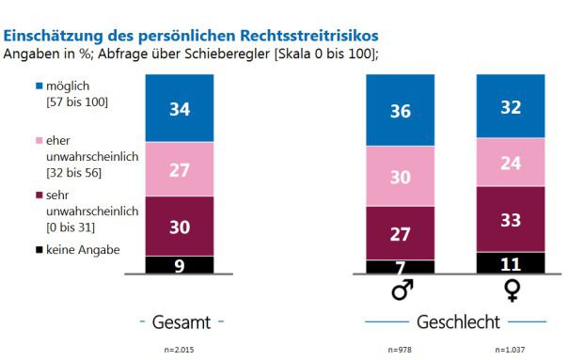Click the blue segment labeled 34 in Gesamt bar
pos(180,108)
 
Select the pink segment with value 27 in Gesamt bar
pos(180,169)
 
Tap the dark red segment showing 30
pos(180,226)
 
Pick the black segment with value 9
pos(180,264)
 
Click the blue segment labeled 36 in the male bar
pos(401,110)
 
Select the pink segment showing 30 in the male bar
pos(401,176)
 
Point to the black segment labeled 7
pos(401,267)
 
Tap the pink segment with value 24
pos(511,163)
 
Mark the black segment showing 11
pos(511,262)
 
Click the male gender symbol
pos(402,291)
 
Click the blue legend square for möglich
pos(39,86)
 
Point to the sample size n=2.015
pos(180,350)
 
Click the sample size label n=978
pos(401,350)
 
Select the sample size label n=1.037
pos(511,350)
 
